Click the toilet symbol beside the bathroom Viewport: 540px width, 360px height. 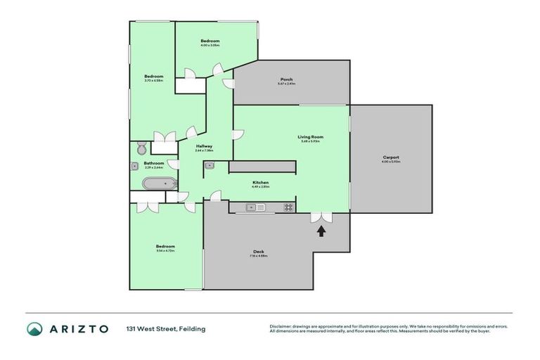[141, 148]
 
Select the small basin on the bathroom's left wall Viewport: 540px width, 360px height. [134, 167]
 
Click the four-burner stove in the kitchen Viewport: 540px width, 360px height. [288, 207]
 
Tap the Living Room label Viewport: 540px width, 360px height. [309, 137]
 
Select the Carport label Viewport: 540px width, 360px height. [391, 157]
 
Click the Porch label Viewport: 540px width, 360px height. [286, 79]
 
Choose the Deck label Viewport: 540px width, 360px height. [258, 252]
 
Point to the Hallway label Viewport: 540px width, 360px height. [204, 146]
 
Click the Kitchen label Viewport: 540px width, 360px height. [260, 182]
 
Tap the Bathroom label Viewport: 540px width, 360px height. [154, 163]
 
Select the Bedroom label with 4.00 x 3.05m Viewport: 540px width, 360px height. [210, 41]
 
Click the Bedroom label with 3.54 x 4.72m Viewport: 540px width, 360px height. [165, 246]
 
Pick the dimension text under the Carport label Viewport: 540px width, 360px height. [391, 162]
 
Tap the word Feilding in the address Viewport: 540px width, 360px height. [192, 329]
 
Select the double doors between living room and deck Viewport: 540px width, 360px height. [321, 217]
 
